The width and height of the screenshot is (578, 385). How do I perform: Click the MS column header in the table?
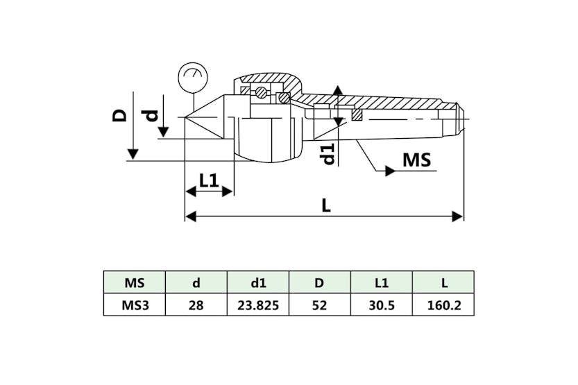134,282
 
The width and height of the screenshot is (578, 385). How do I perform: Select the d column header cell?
196,282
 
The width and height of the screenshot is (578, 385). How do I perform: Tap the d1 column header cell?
257,282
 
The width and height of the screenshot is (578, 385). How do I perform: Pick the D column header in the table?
319,282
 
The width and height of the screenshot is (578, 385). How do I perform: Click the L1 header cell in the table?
381,282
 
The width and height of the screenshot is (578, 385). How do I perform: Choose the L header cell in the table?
443,282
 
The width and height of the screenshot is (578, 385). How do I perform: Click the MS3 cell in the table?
134,305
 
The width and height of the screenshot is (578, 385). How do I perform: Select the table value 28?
196,305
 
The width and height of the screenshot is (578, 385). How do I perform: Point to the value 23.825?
257,305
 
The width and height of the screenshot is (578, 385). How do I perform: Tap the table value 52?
319,305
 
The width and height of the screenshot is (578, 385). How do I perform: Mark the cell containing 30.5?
381,305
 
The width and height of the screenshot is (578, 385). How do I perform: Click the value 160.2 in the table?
443,305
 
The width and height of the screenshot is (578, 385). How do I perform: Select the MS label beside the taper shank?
416,160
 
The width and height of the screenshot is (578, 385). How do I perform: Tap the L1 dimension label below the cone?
209,181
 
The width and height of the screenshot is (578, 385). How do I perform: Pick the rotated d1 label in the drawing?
328,153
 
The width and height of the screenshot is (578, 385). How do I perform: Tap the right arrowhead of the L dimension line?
458,216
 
